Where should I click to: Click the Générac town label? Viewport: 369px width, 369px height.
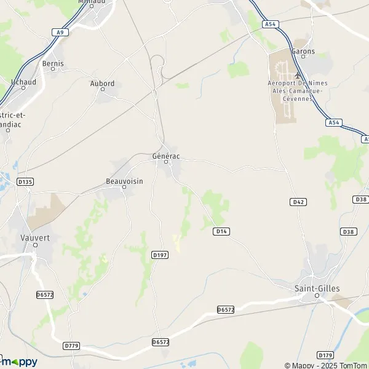(165, 156)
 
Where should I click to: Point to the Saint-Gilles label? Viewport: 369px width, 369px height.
(317, 288)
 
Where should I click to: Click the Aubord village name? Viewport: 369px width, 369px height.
(102, 84)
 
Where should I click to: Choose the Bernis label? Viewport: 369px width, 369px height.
(53, 63)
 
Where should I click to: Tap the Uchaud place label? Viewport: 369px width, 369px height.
(23, 81)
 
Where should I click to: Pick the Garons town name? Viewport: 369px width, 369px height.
(303, 52)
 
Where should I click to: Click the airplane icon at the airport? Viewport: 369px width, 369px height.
(298, 75)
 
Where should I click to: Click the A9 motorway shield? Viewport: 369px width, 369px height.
(60, 32)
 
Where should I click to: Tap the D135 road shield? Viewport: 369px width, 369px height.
(25, 182)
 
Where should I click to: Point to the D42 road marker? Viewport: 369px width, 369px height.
(298, 202)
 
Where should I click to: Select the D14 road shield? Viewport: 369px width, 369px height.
(221, 231)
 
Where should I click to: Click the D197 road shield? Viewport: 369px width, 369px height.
(159, 254)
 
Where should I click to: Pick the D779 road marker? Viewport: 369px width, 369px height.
(71, 346)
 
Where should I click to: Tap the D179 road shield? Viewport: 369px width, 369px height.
(325, 355)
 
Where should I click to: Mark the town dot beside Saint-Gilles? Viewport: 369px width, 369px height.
(317, 296)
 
